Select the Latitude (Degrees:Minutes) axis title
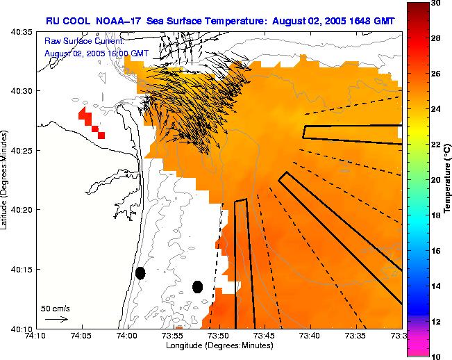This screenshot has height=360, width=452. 6,179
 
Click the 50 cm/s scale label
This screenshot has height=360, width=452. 56,308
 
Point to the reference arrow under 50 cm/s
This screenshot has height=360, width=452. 56,319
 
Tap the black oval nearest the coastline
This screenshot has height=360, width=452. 140,273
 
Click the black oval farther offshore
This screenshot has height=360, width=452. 197,286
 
